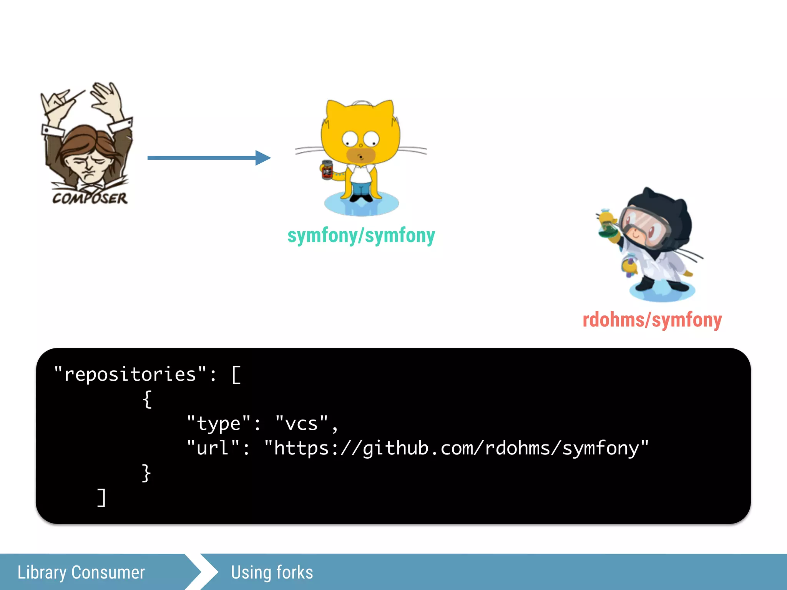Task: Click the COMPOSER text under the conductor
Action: click(90, 198)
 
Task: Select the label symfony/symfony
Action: click(361, 235)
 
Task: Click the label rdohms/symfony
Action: click(652, 320)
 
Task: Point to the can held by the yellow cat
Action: click(327, 170)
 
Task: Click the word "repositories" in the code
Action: click(130, 374)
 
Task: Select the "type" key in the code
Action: click(218, 423)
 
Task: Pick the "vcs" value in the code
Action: click(302, 423)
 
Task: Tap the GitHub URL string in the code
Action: click(456, 448)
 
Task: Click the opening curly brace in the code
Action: click(147, 399)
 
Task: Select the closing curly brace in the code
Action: click(146, 472)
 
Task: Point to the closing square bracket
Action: click(101, 498)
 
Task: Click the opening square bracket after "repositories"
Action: click(236, 375)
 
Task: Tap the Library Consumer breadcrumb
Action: click(81, 572)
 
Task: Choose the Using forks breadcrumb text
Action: click(272, 572)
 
